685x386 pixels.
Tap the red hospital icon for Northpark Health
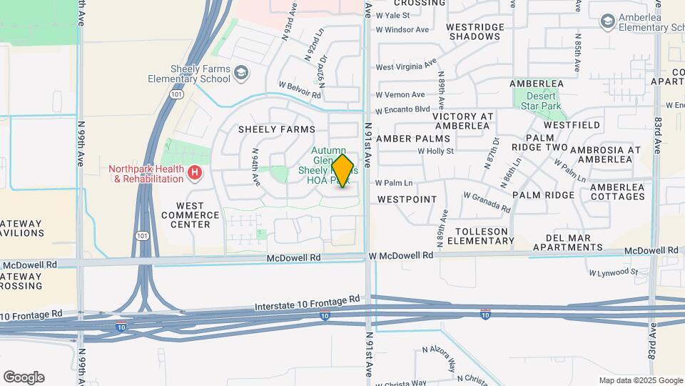[x=193, y=172]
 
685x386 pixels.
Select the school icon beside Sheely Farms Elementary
[x=241, y=72]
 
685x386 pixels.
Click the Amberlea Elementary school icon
[x=607, y=21]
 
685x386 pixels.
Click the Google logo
[x=24, y=377]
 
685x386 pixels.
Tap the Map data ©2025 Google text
[x=641, y=380]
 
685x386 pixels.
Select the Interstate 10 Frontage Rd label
[x=307, y=305]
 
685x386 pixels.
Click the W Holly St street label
[x=435, y=151]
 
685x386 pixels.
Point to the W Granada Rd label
[x=487, y=201]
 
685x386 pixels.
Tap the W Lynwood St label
[x=614, y=272]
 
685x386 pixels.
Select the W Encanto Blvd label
[x=403, y=109]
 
